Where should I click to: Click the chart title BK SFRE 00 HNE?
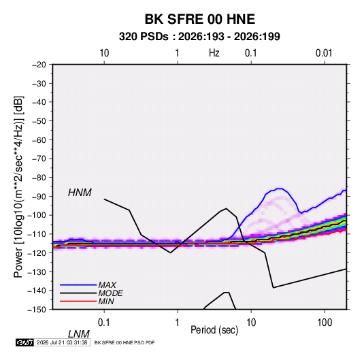click(200, 19)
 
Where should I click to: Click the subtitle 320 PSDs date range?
click(199, 37)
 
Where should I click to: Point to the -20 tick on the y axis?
click(39, 65)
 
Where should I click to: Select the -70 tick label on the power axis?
click(39, 159)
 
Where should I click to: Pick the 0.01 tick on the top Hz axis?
click(324, 53)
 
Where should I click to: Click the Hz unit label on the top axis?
click(214, 53)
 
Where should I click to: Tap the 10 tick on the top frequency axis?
click(104, 53)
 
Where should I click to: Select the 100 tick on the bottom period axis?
click(325, 323)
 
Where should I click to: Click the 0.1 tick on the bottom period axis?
click(103, 323)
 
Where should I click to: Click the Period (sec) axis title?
click(214, 329)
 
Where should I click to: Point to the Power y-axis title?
click(18, 187)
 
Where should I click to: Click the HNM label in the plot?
click(80, 193)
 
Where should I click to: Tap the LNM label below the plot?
click(78, 334)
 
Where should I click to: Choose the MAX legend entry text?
click(107, 284)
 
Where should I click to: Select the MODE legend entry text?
click(110, 293)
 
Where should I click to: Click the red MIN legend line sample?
click(78, 301)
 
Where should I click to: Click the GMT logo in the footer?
click(24, 342)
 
